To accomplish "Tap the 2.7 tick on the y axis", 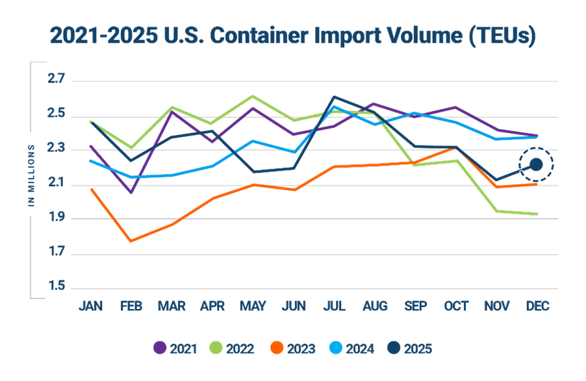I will click(x=57, y=80).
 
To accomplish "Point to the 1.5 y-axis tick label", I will click(x=57, y=286).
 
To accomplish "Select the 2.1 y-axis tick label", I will click(x=57, y=184).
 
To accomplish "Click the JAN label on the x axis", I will click(x=90, y=306).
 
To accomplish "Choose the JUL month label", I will click(x=334, y=306).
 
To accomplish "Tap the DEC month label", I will click(x=536, y=306).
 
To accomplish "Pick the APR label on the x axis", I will click(x=212, y=306).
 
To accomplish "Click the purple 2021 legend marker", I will click(x=160, y=349).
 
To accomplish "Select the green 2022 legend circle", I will click(x=216, y=349).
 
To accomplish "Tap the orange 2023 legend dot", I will click(x=274, y=349).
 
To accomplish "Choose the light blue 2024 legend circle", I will click(x=333, y=349).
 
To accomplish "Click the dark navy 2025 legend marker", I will click(x=390, y=349).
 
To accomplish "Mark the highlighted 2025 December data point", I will click(x=536, y=165).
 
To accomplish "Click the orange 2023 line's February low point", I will click(x=131, y=241).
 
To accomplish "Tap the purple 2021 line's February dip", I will click(x=131, y=193).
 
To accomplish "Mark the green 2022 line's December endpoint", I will click(x=536, y=214).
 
